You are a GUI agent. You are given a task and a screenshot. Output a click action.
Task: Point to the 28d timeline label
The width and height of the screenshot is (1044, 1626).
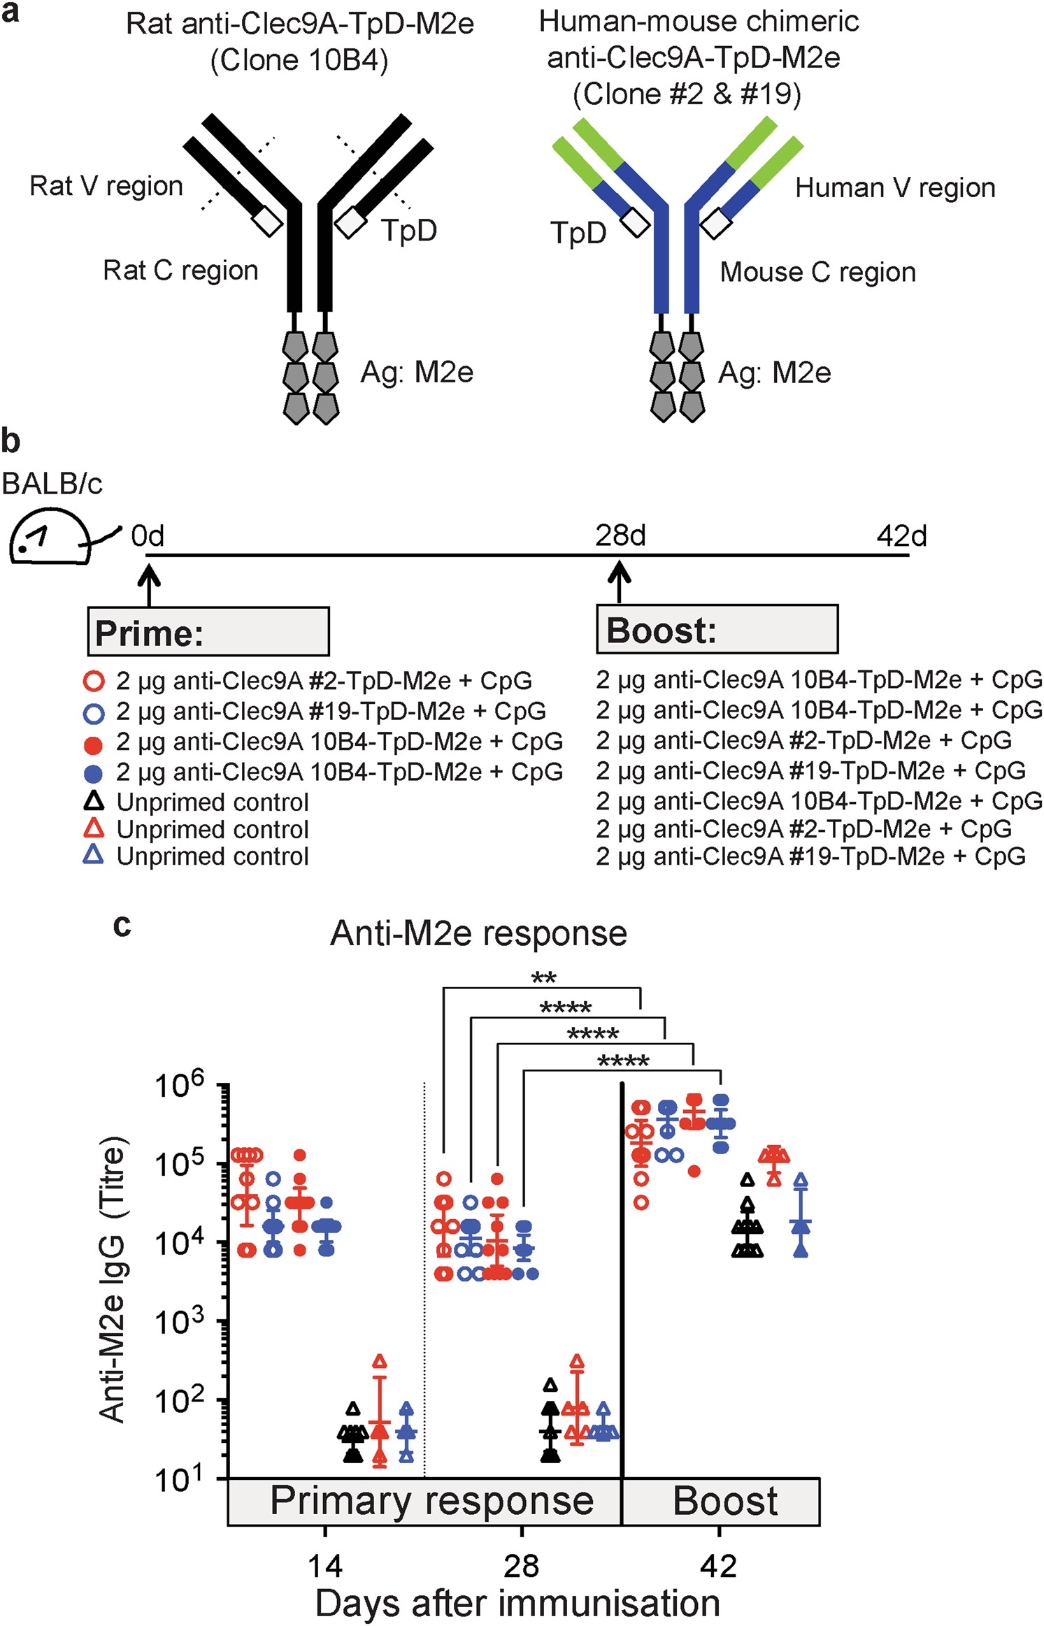coord(620,535)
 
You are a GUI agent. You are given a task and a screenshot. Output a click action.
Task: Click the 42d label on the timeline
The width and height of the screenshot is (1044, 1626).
coord(901,536)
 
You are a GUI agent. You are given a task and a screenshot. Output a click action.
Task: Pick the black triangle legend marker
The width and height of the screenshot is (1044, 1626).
coord(94,801)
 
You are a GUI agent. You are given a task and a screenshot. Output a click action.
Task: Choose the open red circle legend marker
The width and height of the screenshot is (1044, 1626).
coord(94,681)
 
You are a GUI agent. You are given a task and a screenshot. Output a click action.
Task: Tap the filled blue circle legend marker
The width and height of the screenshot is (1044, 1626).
coord(94,773)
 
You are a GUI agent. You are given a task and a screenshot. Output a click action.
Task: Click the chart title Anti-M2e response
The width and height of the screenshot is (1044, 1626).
coord(478,933)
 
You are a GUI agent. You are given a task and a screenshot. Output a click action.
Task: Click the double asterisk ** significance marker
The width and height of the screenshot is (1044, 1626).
coord(543,978)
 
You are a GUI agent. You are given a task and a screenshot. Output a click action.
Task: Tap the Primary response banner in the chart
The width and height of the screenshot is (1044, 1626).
coord(431,1501)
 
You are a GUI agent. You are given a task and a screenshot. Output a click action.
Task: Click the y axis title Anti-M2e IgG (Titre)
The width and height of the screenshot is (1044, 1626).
coord(113,1279)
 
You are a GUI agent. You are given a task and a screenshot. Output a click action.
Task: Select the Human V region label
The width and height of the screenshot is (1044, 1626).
coord(894,187)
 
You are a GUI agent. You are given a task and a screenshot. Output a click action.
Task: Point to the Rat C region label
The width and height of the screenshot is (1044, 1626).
coord(180,270)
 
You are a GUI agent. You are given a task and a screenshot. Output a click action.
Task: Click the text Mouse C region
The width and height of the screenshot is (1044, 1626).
coord(817,272)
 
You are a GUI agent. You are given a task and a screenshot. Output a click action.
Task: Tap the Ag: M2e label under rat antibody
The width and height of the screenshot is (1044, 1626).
coord(417,372)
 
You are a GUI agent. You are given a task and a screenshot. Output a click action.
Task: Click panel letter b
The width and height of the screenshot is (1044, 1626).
coord(10,441)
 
